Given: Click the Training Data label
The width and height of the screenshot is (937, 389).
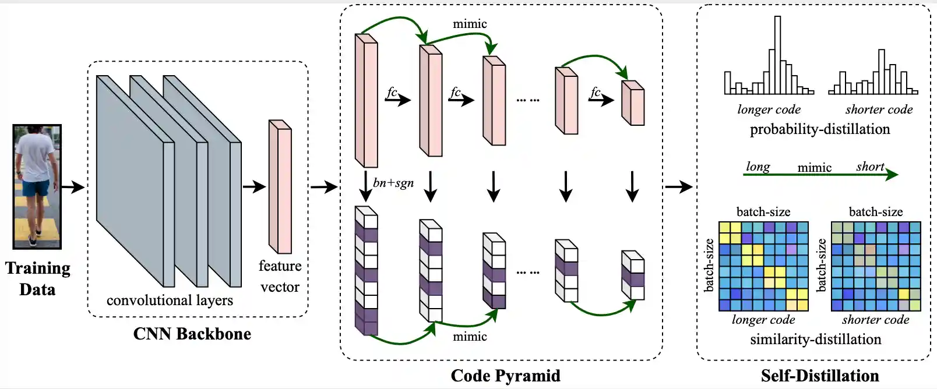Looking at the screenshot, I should click(38, 278).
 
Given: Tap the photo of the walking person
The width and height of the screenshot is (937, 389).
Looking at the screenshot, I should click(37, 186).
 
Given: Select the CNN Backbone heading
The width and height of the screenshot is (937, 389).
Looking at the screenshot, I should click(192, 334).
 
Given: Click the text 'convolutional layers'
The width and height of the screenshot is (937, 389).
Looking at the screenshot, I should click(170, 300).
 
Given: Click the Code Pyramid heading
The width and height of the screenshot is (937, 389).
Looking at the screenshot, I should click(505, 376).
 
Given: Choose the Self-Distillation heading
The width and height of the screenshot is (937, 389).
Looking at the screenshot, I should click(819, 376).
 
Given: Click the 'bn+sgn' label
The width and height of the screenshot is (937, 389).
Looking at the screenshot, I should click(393, 183).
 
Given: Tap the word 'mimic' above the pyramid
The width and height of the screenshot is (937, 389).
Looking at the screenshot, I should click(470, 24).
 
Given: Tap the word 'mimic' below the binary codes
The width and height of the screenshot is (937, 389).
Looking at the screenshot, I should click(470, 336).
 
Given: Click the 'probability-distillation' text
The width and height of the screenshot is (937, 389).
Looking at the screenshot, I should click(819, 129).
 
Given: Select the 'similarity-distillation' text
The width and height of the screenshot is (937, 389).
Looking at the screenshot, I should click(815, 339).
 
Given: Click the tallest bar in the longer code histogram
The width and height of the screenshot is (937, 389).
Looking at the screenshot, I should click(777, 55).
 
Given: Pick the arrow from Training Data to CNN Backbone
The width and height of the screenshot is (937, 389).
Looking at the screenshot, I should click(73, 187).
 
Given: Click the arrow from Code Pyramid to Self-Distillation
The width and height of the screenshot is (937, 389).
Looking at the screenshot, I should click(679, 187).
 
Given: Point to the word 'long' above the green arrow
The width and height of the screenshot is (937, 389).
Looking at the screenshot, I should click(758, 167).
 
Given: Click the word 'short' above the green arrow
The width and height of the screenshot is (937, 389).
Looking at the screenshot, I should click(870, 167).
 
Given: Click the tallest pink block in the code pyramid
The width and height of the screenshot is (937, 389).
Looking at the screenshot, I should click(367, 101).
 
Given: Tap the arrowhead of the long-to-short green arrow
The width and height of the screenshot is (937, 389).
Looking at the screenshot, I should click(892, 174).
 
